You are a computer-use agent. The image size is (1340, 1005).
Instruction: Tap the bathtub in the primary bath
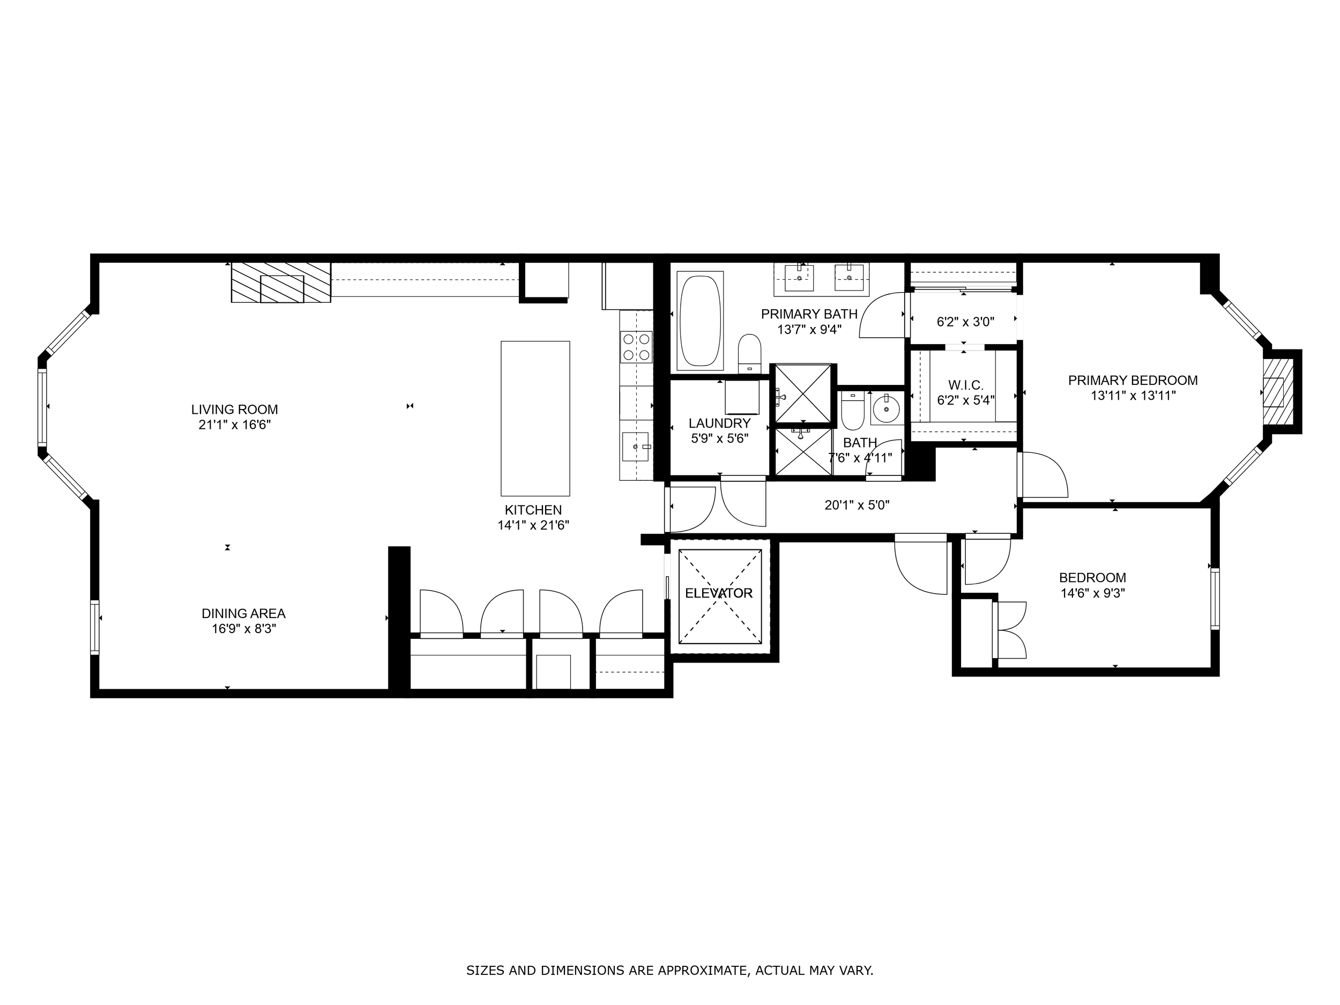tap(701, 321)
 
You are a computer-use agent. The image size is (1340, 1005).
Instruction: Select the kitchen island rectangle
tap(535, 419)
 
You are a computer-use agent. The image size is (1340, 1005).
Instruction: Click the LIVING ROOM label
tap(234, 410)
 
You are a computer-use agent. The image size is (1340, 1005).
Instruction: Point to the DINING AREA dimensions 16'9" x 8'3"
tap(243, 629)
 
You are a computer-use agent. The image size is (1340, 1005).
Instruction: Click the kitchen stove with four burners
tap(636, 347)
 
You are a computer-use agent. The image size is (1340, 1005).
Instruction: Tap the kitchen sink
tap(636, 447)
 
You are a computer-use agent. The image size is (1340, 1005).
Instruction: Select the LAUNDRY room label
tap(720, 423)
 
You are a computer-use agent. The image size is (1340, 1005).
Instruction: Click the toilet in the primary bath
tap(749, 354)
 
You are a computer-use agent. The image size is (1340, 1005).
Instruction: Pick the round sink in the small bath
tap(886, 410)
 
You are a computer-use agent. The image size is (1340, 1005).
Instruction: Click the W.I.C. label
tap(966, 385)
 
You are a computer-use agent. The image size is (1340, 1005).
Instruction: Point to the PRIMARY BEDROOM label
tap(1133, 381)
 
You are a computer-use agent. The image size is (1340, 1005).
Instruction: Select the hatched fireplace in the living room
tap(281, 282)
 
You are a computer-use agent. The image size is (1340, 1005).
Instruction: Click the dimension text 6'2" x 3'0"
tap(966, 322)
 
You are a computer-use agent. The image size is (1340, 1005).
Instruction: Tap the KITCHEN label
tap(533, 510)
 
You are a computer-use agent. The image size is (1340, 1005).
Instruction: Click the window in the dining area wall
tap(94, 627)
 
